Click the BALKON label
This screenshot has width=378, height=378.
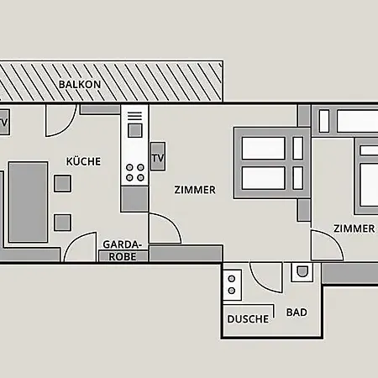(80, 84)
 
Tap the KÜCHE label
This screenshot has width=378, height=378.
(83, 161)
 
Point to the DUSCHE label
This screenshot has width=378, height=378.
(248, 319)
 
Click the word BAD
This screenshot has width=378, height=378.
(297, 312)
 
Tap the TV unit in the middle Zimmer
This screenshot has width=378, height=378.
(158, 156)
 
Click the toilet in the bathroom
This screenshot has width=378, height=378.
(302, 272)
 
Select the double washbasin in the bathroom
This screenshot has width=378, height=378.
(232, 285)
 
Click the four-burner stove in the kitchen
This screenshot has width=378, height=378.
(135, 172)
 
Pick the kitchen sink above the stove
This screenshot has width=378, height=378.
(135, 131)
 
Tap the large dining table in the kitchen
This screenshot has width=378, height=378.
(28, 202)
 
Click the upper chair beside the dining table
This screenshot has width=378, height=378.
(62, 183)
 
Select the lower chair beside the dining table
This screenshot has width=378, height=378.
(62, 223)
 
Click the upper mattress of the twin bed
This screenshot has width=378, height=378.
(263, 148)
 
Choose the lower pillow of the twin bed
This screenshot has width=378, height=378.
(298, 178)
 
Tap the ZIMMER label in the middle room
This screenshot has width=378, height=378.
(195, 190)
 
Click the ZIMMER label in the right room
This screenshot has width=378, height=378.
(354, 228)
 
